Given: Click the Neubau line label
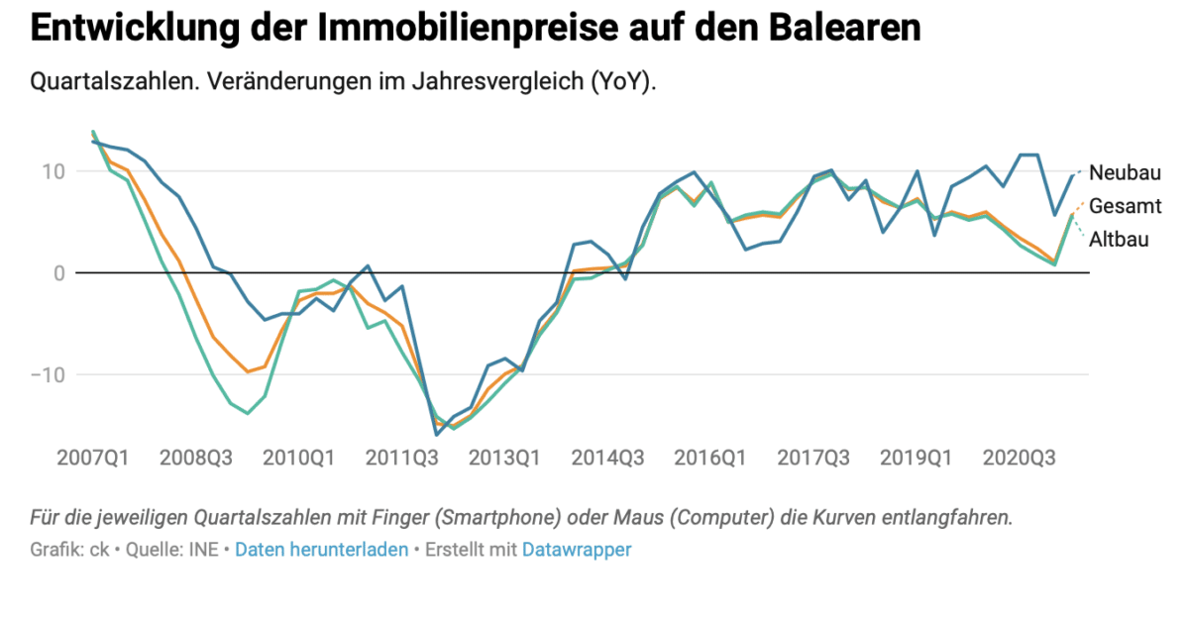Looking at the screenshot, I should coord(1125,172).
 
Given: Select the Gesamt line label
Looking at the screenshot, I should coord(1125,206).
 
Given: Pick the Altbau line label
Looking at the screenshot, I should coord(1120,239).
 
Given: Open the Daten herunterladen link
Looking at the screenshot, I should coord(321,550).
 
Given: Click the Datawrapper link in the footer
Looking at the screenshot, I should coord(576,550).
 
